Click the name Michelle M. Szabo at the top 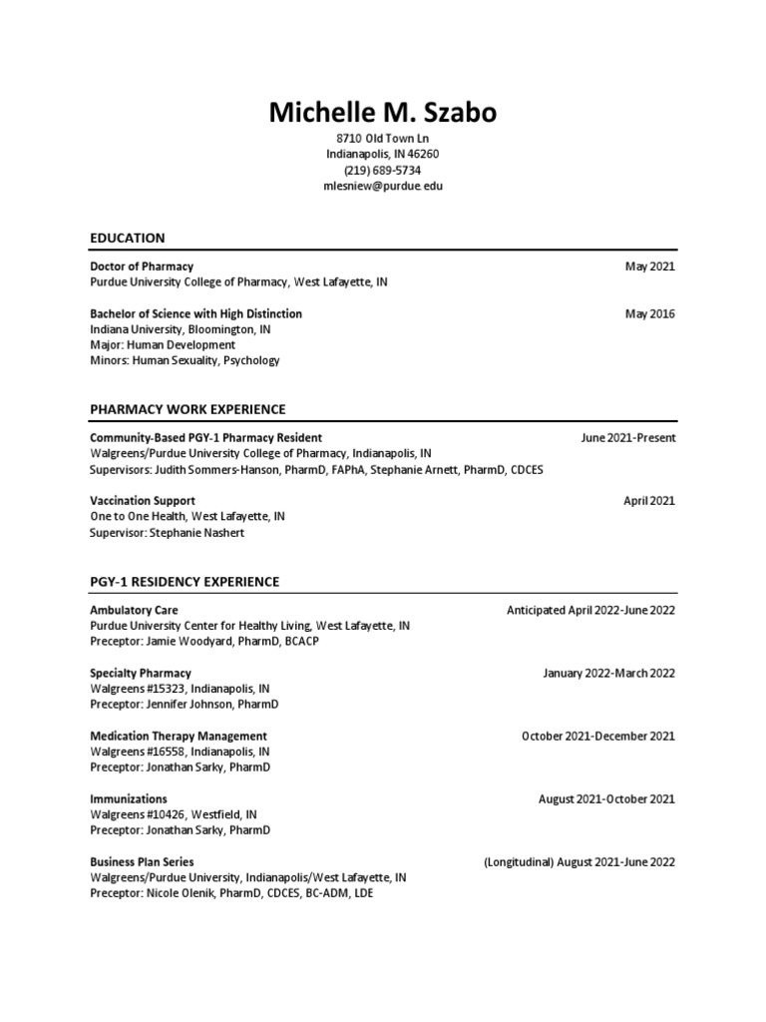[x=382, y=113]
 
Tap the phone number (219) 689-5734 [x=382, y=171]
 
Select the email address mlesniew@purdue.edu [x=382, y=187]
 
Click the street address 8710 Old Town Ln [x=382, y=139]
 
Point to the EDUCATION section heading [x=127, y=238]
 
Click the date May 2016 [x=649, y=313]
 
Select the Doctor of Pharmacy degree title [x=142, y=266]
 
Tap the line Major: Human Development [x=163, y=345]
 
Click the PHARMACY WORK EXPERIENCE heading [x=188, y=409]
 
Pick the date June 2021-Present [x=628, y=438]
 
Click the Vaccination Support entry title [x=143, y=501]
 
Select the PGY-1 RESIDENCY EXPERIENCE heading [x=185, y=581]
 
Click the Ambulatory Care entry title [x=134, y=610]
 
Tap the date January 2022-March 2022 [x=608, y=673]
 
